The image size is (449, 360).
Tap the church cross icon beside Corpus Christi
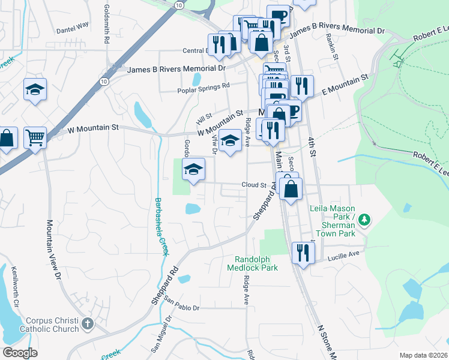(x=88, y=325)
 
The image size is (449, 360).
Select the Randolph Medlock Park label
(x=252, y=263)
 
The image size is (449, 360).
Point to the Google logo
(x=20, y=353)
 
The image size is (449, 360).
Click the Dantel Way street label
(x=72, y=26)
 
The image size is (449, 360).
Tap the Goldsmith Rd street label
(x=107, y=24)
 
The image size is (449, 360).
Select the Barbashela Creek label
(x=160, y=226)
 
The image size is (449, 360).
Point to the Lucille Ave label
(x=343, y=254)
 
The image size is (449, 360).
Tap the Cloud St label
(x=254, y=185)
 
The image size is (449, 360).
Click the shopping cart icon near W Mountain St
(x=35, y=137)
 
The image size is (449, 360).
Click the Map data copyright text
(x=423, y=355)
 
